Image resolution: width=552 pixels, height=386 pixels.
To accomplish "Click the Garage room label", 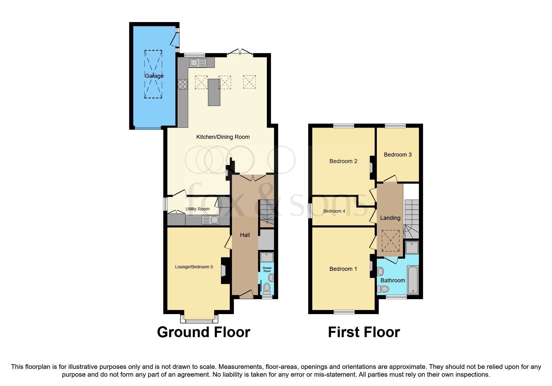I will pos(154,76).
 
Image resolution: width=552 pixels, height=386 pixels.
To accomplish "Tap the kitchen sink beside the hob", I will pos(198,63).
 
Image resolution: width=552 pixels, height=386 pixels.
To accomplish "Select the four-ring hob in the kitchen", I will pos(183,84).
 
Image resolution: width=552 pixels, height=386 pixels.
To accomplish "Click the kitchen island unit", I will pos(214,92).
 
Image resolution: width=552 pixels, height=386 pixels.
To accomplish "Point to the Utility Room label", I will pos(197,209).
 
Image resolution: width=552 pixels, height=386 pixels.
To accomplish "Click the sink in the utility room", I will pos(211,220).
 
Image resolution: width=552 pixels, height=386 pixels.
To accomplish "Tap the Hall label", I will pos(245,235).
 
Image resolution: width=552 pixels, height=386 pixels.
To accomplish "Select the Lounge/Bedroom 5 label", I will pos(194,267).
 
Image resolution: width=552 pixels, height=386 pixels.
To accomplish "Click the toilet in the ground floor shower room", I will pos(267,288).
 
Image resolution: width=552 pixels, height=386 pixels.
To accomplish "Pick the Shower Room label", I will pos(267,269).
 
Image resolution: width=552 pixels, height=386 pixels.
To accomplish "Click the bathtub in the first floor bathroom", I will pos(413,280).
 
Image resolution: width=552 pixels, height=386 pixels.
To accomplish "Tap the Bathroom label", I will pos(392,280).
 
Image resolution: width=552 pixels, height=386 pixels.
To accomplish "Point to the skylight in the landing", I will pos(390,241).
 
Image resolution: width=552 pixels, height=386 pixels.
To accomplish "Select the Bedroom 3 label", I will pos(397,155).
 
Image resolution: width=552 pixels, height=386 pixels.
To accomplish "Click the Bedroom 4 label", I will pos(334,211).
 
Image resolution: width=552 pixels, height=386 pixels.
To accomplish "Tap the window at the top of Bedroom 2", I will pos(343,126).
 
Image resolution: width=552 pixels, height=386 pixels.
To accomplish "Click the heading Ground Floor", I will pos(204,332).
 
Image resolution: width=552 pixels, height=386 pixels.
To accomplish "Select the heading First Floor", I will pos(364,332).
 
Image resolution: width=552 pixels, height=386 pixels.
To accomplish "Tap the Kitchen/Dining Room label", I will pos(223,137).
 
